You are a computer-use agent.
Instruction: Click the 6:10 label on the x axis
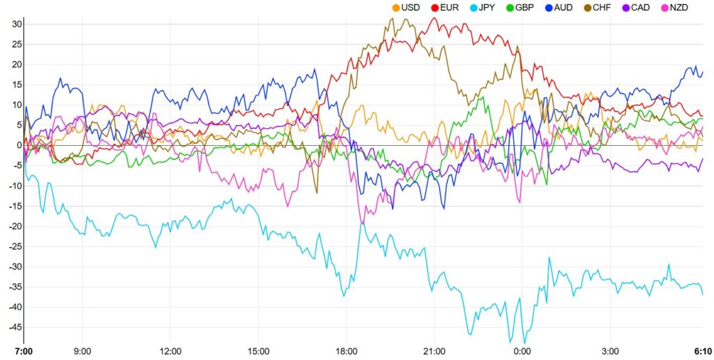[x=702, y=351]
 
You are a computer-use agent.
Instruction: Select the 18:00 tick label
[x=347, y=351]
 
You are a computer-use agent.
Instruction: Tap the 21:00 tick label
[x=434, y=351]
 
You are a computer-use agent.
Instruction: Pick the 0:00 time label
[x=522, y=351]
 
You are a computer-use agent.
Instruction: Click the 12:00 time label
[x=171, y=351]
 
